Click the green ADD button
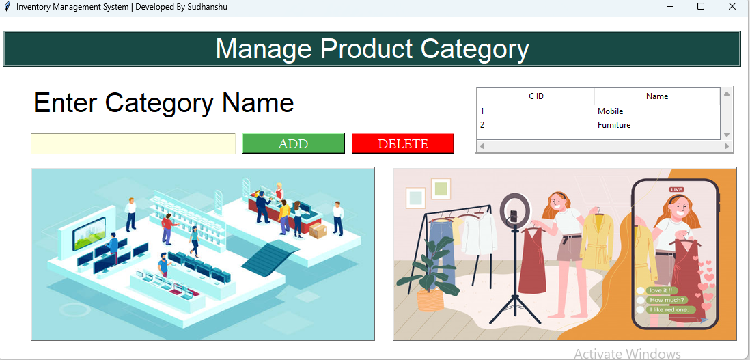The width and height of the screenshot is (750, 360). coord(293,143)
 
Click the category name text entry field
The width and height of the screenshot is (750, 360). coord(133,143)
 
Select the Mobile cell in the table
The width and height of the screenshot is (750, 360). coord(610,111)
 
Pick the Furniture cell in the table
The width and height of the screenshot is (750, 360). coord(614,125)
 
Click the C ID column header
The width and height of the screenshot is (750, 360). coord(536,96)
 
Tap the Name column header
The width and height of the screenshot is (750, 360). coord(657,96)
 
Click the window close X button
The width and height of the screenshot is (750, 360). coord(732,7)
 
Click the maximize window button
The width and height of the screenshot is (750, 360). coord(701,7)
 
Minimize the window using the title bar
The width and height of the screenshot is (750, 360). coord(669,7)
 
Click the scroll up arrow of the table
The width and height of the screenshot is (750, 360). coord(727,94)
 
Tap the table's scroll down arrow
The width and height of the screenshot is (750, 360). coord(727,135)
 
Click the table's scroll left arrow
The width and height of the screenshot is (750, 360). coord(482,146)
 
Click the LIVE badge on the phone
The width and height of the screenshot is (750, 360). coord(676,189)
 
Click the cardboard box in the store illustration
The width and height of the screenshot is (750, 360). coord(318,231)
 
